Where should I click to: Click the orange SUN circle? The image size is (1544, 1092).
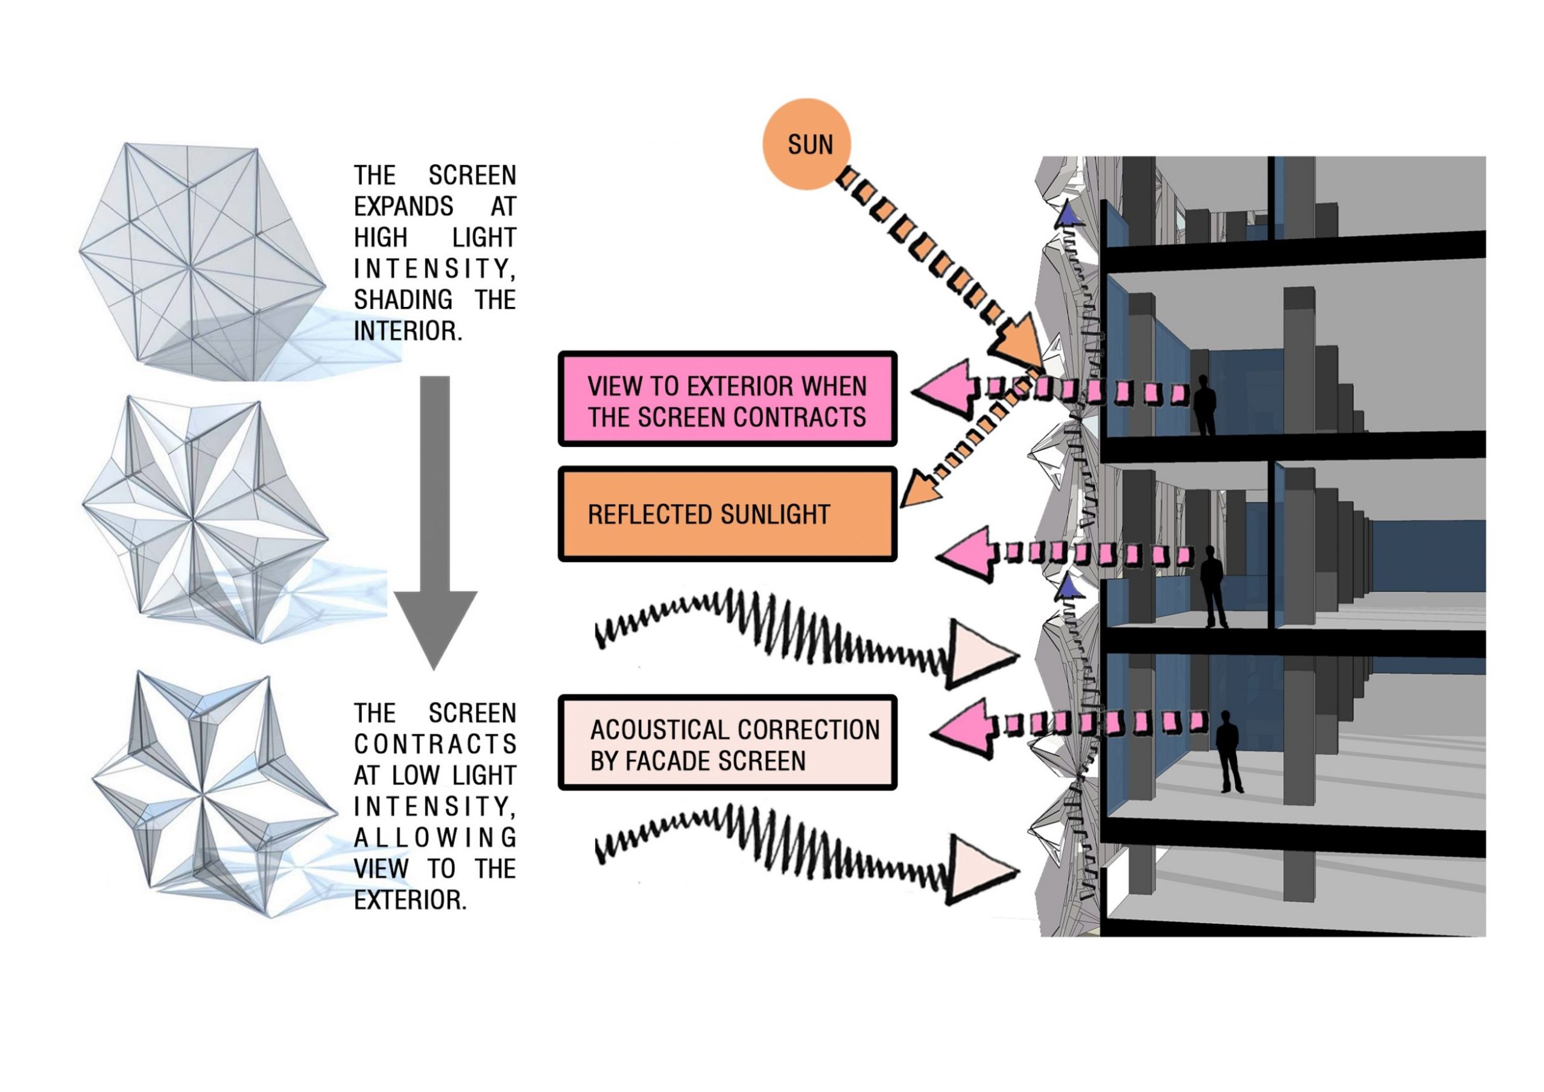click(x=806, y=144)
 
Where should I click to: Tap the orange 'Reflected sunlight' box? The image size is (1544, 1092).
click(x=727, y=514)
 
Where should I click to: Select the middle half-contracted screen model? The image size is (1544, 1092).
click(x=201, y=518)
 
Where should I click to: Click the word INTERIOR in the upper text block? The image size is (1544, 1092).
click(x=408, y=331)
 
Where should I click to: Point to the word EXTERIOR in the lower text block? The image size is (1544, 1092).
click(x=410, y=900)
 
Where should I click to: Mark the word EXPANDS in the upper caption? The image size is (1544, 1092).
click(x=403, y=206)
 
